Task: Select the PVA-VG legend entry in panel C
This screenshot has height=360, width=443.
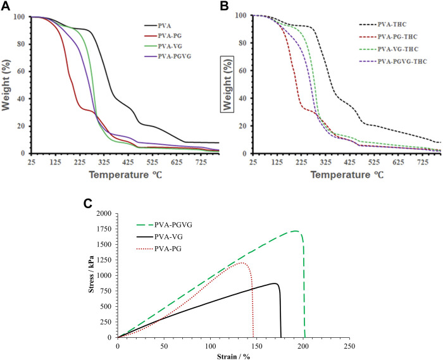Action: coord(157,236)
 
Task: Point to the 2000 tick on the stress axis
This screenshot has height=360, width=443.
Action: coord(102,213)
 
